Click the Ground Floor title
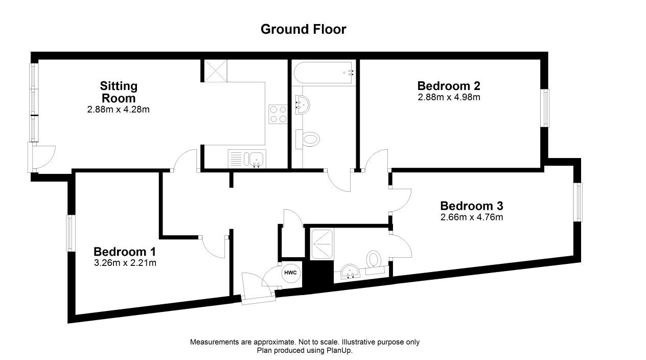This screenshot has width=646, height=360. [x=303, y=29]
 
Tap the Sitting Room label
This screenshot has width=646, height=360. [x=119, y=92]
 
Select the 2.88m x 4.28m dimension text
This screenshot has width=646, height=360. [x=118, y=109]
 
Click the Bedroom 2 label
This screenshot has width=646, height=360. [x=448, y=85]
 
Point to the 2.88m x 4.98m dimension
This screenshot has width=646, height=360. [x=448, y=97]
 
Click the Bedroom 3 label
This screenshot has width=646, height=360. [x=471, y=206]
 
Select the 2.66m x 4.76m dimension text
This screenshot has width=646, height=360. [x=471, y=217]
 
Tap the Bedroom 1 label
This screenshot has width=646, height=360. [x=124, y=252]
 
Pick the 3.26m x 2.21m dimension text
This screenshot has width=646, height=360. [x=124, y=263]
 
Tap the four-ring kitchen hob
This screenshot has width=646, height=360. [x=278, y=114]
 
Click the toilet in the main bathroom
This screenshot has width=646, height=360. [x=308, y=138]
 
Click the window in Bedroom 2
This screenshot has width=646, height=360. [x=545, y=108]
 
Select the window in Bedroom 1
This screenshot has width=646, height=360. [x=71, y=233]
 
